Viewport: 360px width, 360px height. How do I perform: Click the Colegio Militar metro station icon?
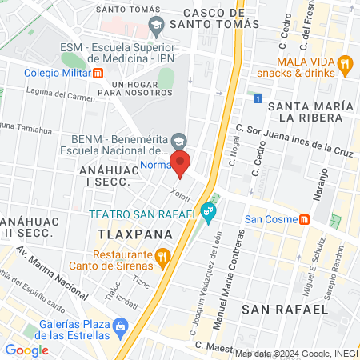tap(98, 73)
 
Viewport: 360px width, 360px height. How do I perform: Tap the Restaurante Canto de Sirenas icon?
tap(162, 257)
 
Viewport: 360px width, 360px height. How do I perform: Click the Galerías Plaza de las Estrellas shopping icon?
tap(120, 326)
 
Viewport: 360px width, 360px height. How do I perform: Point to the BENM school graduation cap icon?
tap(179, 139)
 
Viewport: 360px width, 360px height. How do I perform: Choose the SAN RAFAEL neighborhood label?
tap(286, 309)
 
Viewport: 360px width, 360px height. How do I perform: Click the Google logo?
tap(26, 350)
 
